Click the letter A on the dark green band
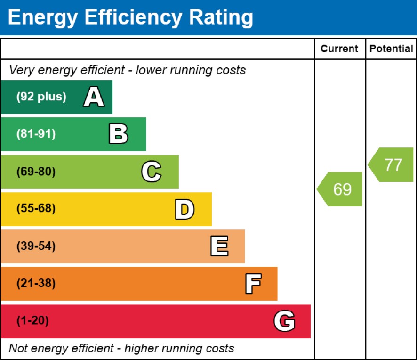click(x=94, y=98)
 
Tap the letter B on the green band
click(x=118, y=134)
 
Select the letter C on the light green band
click(x=151, y=172)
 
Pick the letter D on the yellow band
click(x=184, y=209)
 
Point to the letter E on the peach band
click(x=219, y=246)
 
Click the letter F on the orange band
click(x=253, y=284)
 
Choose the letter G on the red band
click(x=284, y=321)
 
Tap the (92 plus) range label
click(x=41, y=97)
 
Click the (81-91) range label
click(x=36, y=134)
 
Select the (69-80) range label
click(x=36, y=172)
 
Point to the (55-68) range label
click(x=36, y=209)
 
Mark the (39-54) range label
click(x=36, y=246)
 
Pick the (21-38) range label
click(x=36, y=284)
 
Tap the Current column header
click(x=339, y=49)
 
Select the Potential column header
click(x=391, y=49)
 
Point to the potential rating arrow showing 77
click(x=392, y=165)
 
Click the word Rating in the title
click(x=221, y=18)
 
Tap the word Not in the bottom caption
click(x=18, y=349)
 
